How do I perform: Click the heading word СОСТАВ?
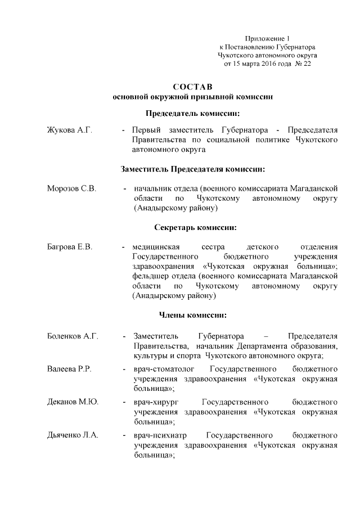pos(193,87)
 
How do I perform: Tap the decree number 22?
pos(307,64)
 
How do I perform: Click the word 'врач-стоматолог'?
pos(164,369)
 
